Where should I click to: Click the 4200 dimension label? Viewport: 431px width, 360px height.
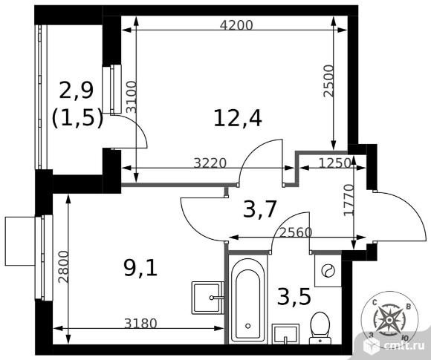236,25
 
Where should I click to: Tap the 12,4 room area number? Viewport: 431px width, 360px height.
238,118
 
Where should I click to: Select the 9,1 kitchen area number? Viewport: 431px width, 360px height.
140,268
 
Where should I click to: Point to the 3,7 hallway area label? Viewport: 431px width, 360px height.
259,209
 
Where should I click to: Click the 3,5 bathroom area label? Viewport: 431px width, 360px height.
294,297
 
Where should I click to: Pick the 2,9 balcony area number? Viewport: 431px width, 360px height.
77,90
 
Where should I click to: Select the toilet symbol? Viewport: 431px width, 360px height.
320,328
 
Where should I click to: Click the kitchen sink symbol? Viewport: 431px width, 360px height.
208,298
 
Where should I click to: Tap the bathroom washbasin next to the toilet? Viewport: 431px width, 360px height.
285,334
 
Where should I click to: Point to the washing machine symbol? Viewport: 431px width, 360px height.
328,271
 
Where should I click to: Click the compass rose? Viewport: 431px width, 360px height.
389,319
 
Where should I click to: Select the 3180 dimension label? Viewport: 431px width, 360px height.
140,324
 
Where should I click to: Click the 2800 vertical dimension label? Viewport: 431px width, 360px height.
63,266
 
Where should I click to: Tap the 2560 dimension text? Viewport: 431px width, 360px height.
296,232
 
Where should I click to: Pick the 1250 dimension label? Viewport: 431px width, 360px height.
335,163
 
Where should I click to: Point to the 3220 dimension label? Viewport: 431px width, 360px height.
210,163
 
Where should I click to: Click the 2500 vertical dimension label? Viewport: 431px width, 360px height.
328,81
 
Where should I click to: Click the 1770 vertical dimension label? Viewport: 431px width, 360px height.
349,200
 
